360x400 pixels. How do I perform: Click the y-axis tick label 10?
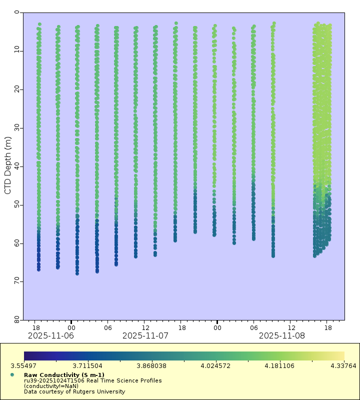pos(17,50)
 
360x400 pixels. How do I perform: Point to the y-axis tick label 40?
pos(17,166)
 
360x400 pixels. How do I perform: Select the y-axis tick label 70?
pos(17,281)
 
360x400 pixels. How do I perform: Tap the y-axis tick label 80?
pos(17,319)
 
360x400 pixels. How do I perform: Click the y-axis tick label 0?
pos(17,12)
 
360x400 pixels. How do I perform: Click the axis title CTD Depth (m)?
pos(7,165)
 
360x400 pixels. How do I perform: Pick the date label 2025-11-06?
pos(50,335)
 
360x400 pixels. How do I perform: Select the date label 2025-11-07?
pos(145,335)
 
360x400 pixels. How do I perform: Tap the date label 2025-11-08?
pos(281,335)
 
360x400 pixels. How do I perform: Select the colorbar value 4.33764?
pos(344,366)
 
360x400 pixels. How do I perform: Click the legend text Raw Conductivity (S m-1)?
pos(64,375)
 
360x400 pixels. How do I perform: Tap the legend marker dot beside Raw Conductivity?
pos(12,375)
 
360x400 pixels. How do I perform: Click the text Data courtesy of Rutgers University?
pos(74,391)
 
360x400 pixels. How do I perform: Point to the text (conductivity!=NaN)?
pos(51,386)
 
